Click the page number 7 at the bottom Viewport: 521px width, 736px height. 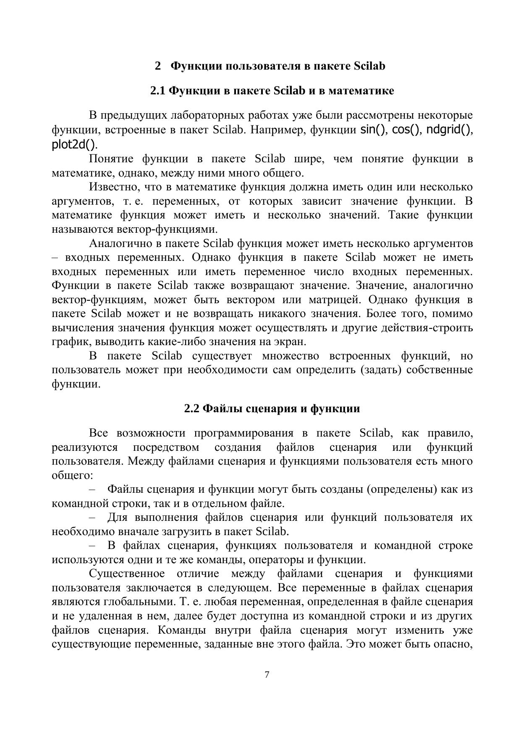pyautogui.click(x=267, y=675)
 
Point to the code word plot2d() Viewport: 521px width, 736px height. pyautogui.click(x=74, y=144)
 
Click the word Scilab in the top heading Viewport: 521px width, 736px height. pyautogui.click(x=369, y=66)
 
